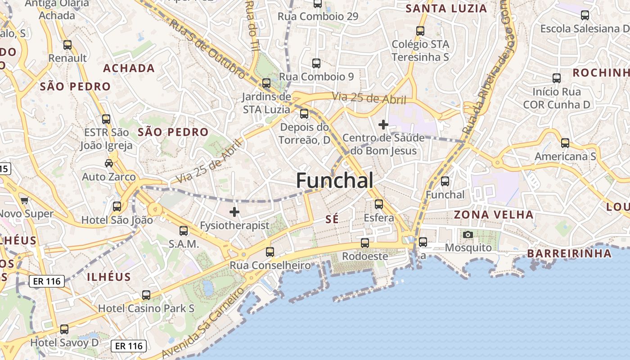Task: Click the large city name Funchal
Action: coord(334,181)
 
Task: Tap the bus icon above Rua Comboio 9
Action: coord(316,63)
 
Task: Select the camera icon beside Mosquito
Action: coord(468,234)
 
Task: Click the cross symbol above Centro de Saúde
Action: coord(383,124)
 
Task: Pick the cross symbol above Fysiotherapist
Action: coord(234,211)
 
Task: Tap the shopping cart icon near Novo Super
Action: coord(24,200)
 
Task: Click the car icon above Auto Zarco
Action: coord(109,163)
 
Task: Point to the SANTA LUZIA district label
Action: coord(446,9)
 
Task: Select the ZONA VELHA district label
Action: coord(494,215)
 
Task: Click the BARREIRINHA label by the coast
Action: coord(569,253)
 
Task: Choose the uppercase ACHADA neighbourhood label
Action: coord(129,68)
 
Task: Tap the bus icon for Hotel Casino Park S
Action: coord(146,295)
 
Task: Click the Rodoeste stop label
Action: coord(365,256)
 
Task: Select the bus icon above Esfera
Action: coord(379,204)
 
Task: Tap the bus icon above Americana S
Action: coord(565,143)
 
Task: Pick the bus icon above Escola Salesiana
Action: coord(585,15)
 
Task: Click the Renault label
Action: coord(67,58)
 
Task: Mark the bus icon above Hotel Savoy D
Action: coord(64,329)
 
